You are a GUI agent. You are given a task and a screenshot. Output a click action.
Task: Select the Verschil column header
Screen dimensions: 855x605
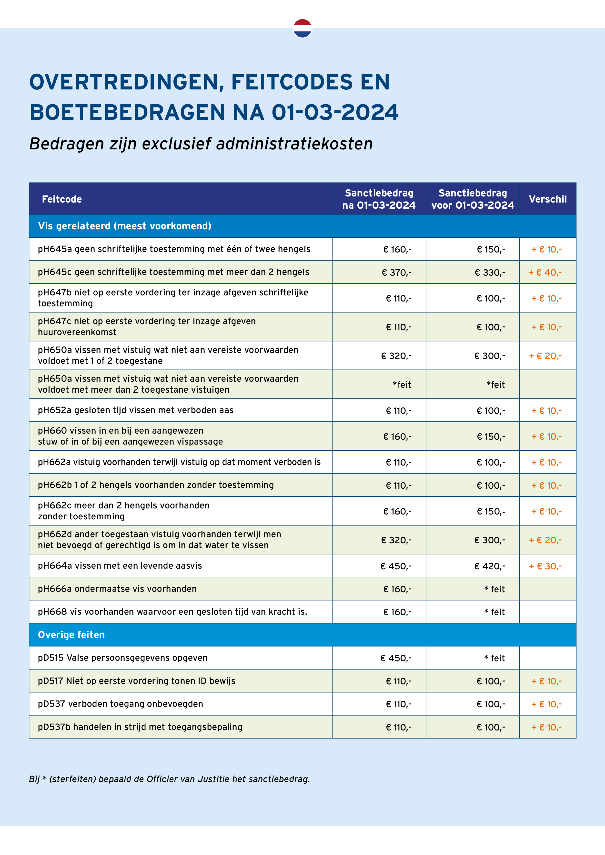click(548, 199)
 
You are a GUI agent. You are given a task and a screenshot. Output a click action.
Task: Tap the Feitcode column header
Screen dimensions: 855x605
click(62, 199)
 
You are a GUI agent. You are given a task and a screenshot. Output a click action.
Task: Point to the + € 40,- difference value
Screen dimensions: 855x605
click(545, 272)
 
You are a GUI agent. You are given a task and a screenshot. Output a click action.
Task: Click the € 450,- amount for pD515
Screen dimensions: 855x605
click(396, 658)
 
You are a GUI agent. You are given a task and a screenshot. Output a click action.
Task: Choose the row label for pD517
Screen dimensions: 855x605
click(136, 681)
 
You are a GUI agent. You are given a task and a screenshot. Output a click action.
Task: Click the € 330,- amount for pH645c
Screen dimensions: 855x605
click(490, 272)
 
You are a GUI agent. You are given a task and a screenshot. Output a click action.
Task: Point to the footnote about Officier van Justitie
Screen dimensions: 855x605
click(169, 779)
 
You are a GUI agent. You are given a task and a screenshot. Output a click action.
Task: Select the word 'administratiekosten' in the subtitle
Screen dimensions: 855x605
click(294, 144)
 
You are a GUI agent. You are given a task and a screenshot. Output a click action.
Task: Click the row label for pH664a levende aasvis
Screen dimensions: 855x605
click(120, 566)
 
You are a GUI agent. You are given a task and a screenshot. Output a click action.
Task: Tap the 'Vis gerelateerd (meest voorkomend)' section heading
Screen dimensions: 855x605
click(124, 226)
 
